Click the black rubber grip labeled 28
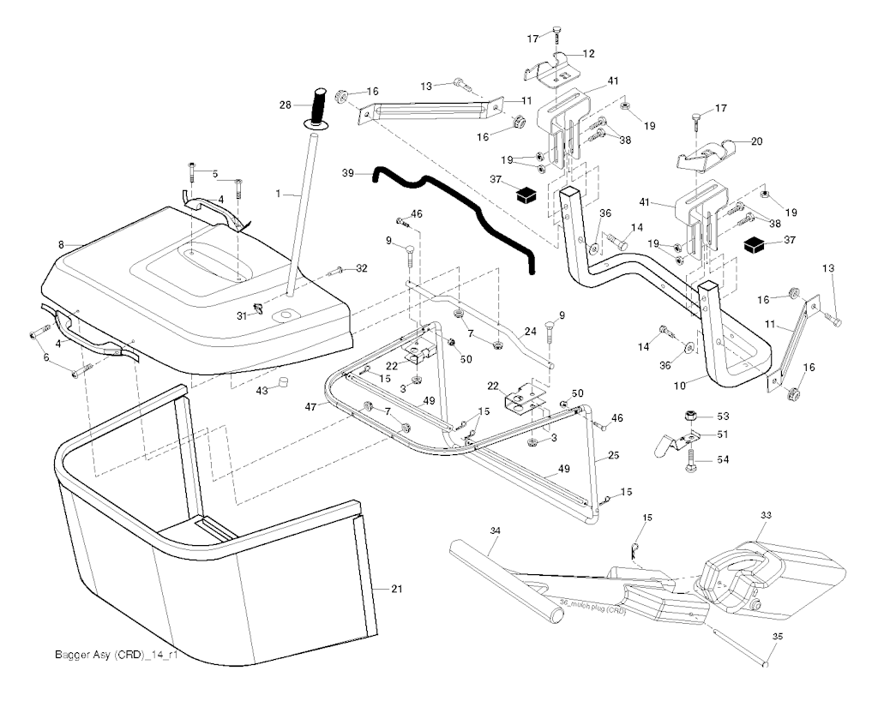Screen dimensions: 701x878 [320, 106]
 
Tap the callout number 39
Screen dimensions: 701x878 [348, 173]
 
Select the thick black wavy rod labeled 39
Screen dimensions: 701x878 [454, 209]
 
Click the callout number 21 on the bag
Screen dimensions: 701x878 [396, 589]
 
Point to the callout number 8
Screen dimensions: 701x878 [62, 245]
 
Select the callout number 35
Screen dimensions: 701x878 [777, 637]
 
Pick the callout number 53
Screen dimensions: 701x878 [722, 416]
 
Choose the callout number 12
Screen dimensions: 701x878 [589, 54]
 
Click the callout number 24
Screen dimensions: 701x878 [531, 332]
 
